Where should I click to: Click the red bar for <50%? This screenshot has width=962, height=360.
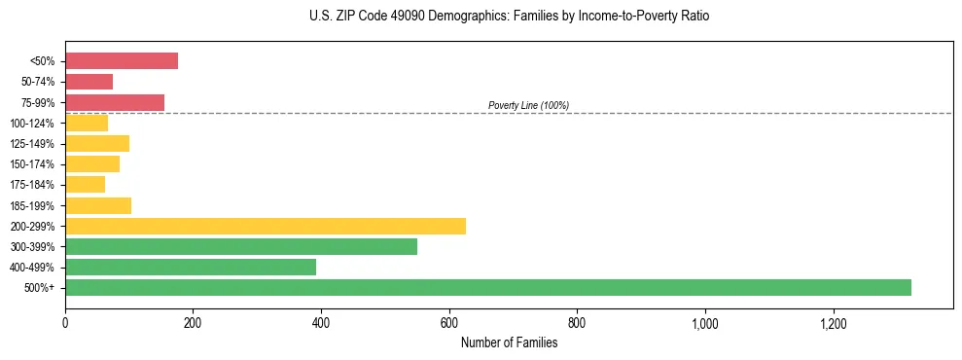coord(122,61)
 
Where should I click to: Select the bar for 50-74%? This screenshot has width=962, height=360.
coord(89,82)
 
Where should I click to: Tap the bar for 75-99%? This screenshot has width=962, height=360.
coord(115,102)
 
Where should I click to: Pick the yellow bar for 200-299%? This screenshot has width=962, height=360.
coord(266,226)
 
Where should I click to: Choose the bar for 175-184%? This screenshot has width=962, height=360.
coord(85,184)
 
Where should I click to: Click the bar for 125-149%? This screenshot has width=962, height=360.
coord(97,143)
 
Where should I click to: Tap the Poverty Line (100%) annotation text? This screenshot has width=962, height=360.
coord(528,105)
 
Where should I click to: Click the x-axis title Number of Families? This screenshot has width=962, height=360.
coord(509,342)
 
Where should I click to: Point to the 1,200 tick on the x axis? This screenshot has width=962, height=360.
coord(834,322)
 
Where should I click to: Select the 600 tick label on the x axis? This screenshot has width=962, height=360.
coord(449,322)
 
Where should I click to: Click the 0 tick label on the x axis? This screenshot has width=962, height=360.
coord(65,322)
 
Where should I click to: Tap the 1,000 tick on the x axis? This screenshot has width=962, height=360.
coord(705,322)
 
